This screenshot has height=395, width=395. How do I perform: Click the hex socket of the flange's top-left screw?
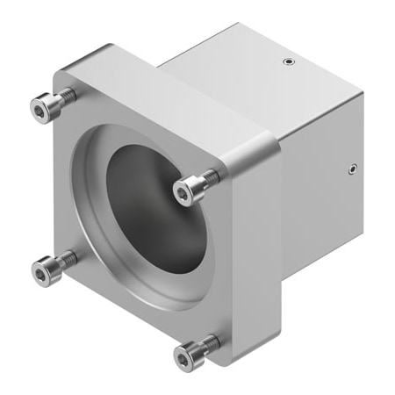(x=40, y=108)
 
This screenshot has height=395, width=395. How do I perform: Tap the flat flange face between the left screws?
(x=53, y=189)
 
